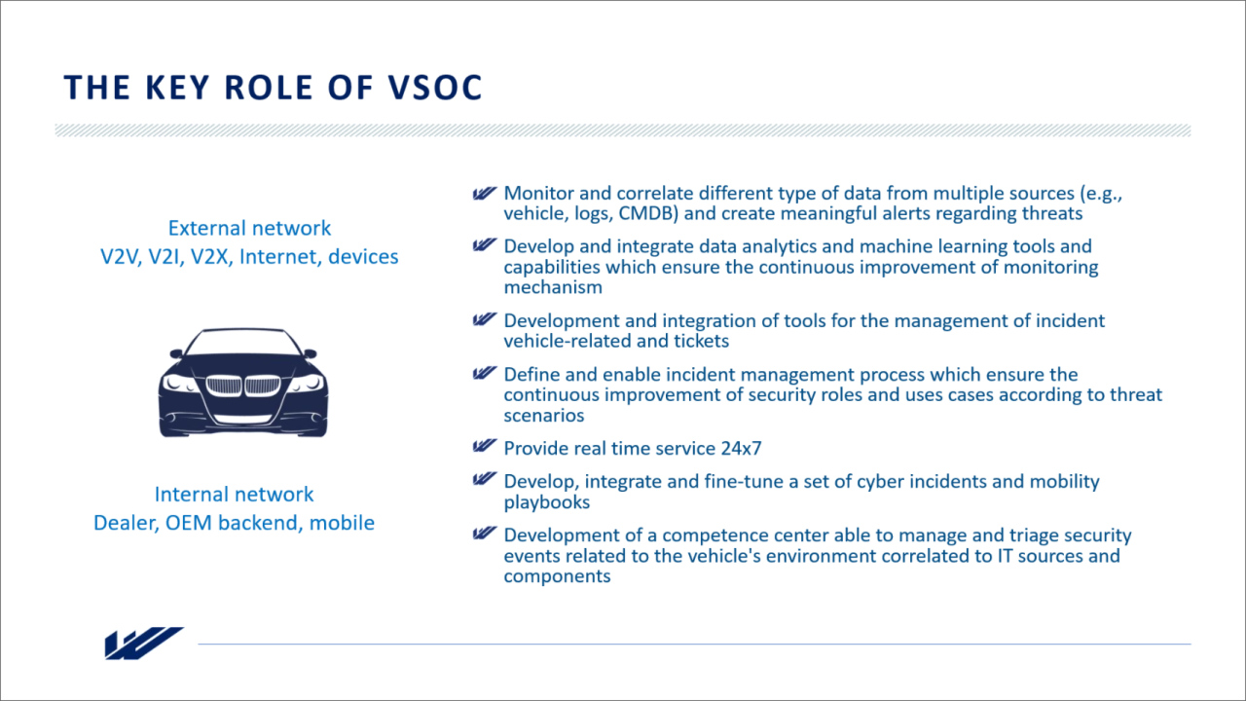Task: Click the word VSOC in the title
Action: [x=434, y=88]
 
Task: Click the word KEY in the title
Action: [x=177, y=88]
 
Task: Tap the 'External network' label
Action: [x=249, y=228]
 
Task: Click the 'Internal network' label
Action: [x=234, y=494]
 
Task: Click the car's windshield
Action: [x=242, y=342]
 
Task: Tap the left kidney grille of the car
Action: [x=224, y=386]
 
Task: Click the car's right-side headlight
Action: [x=307, y=383]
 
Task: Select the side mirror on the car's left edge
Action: [x=176, y=353]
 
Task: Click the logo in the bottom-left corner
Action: [x=144, y=644]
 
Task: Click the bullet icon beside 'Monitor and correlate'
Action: [x=485, y=193]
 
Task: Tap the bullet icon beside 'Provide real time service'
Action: [x=485, y=446]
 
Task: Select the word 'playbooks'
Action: [x=547, y=502]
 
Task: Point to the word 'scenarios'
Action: [x=544, y=416]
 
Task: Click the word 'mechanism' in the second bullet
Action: [x=553, y=287]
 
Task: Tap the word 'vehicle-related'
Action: [x=568, y=341]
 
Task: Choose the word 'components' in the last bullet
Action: [x=558, y=576]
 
